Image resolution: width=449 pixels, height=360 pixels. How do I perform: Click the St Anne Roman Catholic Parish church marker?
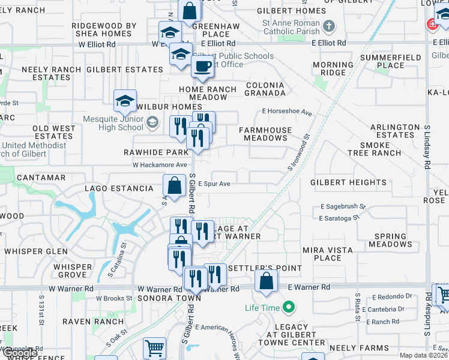coord(328,26)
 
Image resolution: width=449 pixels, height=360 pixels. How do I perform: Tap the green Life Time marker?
coord(289,308)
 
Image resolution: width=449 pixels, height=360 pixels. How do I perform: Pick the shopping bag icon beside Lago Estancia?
coord(174,185)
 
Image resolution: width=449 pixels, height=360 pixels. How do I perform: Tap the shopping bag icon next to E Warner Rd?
coord(266,281)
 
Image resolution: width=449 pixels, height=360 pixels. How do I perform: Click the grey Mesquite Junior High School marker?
coord(152,122)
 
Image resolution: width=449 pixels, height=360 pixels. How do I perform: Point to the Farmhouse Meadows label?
coord(265,134)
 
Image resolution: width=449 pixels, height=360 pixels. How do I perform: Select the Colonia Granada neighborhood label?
coord(265,89)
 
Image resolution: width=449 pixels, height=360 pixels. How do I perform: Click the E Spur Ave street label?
coord(214,184)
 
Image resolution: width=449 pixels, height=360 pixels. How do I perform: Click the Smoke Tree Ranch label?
coord(372,149)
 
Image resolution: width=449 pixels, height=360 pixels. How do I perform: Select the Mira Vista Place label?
coord(331,254)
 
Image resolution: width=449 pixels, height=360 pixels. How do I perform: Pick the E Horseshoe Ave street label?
coord(287,112)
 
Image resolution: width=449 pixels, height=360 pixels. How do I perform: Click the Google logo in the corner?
coord(19,353)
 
